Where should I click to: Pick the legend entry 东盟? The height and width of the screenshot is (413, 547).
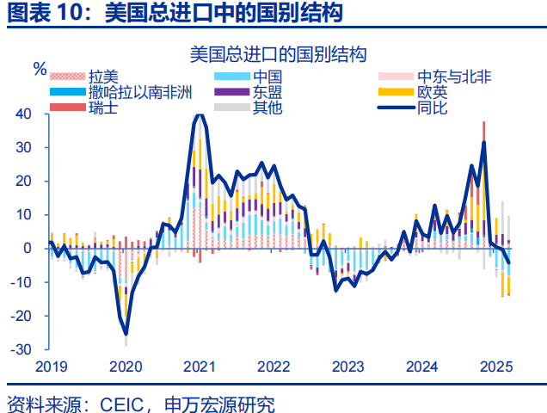(266, 93)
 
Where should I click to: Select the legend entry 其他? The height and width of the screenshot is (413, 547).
(266, 108)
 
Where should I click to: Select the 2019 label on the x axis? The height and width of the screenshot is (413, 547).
(51, 366)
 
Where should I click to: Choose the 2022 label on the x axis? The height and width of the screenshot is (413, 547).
(273, 366)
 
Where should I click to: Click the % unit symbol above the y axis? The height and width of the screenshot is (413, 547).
(40, 67)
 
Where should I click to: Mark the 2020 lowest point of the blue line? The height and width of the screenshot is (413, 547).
(126, 334)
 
